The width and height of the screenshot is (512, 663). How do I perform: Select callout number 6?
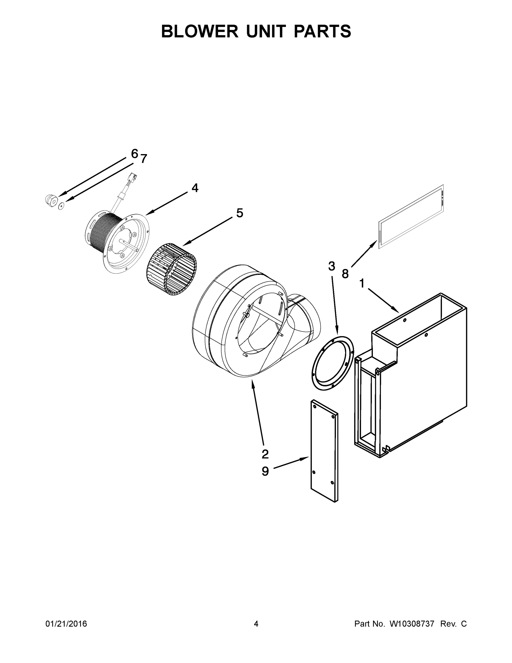pos(135,154)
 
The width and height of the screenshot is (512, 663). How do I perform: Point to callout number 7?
pos(144,159)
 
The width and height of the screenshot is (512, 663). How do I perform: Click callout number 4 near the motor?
pos(195,188)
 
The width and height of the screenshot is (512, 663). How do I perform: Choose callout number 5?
pos(240,213)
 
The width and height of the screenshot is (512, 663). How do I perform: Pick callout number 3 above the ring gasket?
pos(331,266)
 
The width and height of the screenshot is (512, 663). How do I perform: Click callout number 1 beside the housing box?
pos(362,283)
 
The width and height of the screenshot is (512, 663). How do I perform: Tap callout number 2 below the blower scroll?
pos(265,454)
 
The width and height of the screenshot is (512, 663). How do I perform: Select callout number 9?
pos(265,472)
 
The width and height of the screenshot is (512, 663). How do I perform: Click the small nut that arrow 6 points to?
pos(50,200)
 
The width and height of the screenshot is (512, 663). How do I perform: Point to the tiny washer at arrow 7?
pos(61,206)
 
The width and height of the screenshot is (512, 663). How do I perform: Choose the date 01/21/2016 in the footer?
pos(66,623)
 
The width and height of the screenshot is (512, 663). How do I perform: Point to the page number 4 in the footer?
pos(256,623)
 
